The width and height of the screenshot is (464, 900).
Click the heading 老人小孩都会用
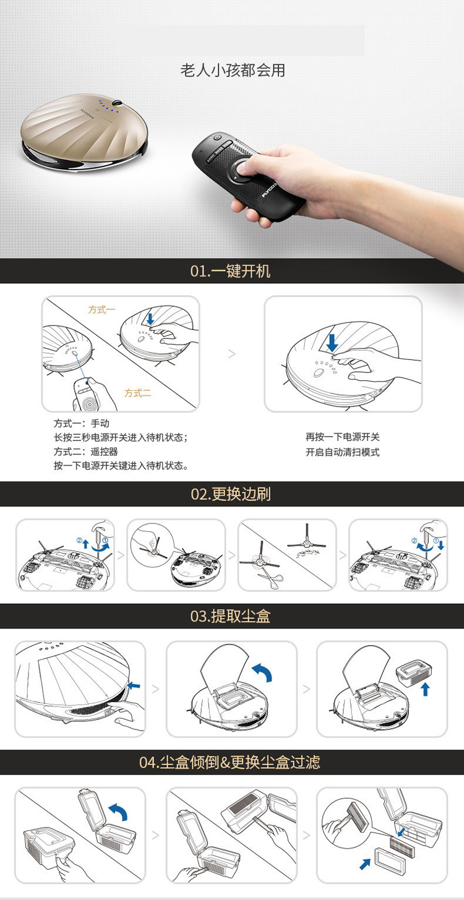233,71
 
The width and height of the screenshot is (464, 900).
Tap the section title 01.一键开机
230,271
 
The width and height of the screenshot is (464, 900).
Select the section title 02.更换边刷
231,494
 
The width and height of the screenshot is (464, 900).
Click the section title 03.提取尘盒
230,616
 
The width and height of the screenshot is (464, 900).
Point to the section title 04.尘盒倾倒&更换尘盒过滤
230,762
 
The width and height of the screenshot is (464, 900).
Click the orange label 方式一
101,309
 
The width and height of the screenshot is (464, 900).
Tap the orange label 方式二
138,393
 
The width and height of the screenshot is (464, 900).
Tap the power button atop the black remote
217,137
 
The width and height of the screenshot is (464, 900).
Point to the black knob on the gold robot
118,103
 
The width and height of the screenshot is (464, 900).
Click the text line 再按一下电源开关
343,437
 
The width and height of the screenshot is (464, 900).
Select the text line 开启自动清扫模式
343,452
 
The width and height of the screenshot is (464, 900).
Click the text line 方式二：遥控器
86,452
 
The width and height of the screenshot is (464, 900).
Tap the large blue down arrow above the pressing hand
332,343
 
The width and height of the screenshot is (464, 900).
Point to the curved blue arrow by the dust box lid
119,812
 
